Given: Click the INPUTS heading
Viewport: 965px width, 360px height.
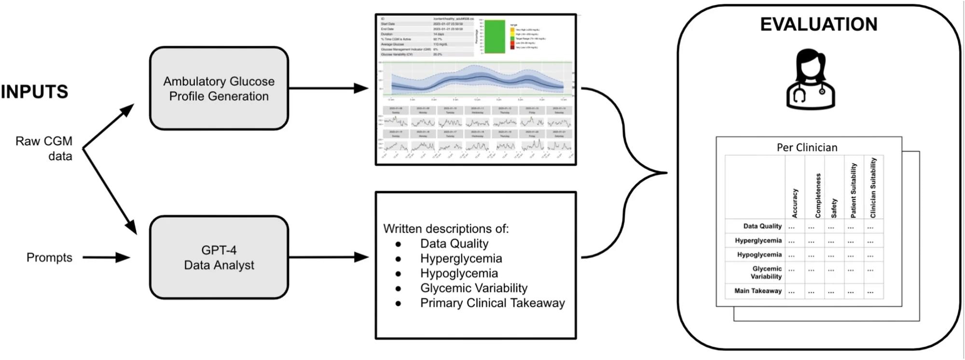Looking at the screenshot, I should click(x=34, y=92).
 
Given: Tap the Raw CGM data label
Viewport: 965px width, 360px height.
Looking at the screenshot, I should click(x=44, y=148).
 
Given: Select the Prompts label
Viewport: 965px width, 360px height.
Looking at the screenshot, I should click(x=49, y=257).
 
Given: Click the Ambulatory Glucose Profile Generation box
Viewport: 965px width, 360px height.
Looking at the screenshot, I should click(x=219, y=88).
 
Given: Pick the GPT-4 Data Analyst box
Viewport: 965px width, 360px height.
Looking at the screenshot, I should click(x=219, y=257).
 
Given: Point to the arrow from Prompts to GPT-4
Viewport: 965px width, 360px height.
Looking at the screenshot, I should click(x=106, y=257).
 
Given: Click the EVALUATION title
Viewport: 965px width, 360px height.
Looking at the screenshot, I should click(x=818, y=25).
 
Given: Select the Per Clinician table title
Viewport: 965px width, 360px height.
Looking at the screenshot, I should click(x=807, y=148).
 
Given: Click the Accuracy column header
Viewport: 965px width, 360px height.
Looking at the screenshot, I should click(x=795, y=203).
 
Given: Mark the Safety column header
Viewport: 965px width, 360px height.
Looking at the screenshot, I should click(x=834, y=208).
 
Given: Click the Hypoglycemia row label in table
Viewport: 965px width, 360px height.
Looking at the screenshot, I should click(x=759, y=255).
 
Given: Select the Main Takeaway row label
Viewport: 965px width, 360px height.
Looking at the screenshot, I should click(x=758, y=291).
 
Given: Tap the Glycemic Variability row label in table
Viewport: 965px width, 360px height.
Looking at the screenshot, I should click(x=766, y=273).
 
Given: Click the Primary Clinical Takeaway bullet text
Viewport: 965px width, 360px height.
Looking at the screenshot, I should click(x=492, y=303).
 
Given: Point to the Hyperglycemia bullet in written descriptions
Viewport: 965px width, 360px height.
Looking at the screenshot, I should click(x=461, y=259).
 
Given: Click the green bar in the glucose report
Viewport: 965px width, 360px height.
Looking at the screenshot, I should click(x=495, y=37).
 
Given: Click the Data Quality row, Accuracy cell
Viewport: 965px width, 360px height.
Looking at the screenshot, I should click(x=792, y=227).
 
